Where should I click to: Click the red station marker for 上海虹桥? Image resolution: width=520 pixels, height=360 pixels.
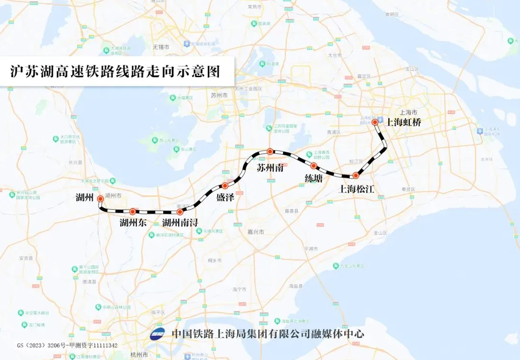coord(375,123)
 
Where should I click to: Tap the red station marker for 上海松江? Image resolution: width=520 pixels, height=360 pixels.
coord(355,175)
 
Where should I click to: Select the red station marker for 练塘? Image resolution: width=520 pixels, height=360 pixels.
coord(314,166)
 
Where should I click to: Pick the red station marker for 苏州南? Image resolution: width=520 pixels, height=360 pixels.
coord(270,151)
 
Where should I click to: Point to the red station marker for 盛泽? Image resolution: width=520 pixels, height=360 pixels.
coord(225,186)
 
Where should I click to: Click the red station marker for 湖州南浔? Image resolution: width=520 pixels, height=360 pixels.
coord(180,212)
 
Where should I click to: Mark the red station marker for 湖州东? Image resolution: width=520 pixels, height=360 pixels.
coord(132,212)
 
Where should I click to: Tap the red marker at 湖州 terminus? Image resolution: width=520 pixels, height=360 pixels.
coord(101,199)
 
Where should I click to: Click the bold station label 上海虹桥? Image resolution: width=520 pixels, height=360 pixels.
coord(403,123)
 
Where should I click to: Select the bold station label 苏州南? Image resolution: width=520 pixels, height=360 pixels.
coord(270,168)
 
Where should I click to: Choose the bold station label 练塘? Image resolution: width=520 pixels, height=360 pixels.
coord(313,178)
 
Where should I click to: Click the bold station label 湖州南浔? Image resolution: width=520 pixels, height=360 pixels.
coord(180,223)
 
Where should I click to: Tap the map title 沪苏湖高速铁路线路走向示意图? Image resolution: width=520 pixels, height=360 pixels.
coord(116,71)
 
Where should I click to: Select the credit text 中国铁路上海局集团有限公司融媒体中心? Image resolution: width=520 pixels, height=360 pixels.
coord(268,334)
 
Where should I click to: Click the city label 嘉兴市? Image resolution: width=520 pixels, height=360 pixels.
coord(255,232)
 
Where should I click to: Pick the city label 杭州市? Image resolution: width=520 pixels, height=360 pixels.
coord(138,355)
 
